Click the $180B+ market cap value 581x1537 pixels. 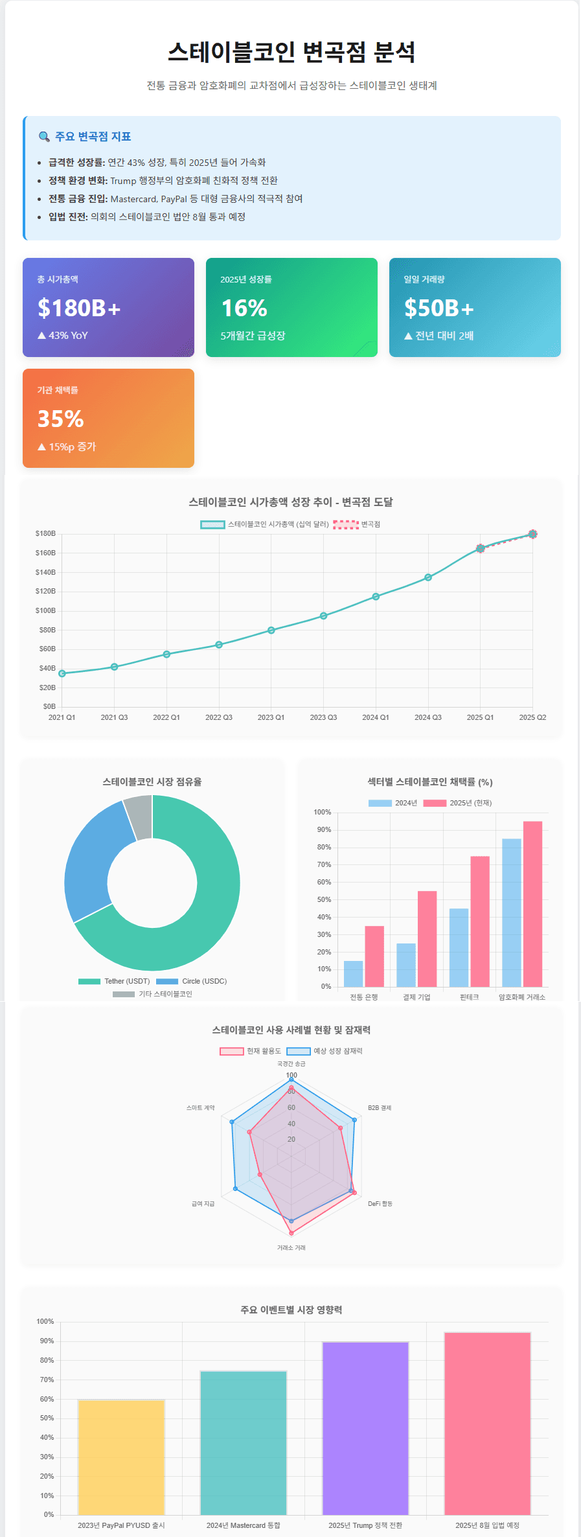pos(79,308)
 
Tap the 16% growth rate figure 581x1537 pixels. pos(244,308)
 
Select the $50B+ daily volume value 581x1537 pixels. pos(439,308)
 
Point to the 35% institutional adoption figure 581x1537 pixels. pos(61,419)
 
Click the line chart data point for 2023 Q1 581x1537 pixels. pos(271,630)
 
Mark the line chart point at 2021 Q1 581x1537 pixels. pos(62,674)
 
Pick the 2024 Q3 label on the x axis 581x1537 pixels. pos(427,717)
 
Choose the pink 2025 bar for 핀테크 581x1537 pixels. pos(480,921)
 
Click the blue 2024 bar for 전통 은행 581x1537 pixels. pos(353,974)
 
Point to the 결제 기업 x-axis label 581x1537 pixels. pos(416,997)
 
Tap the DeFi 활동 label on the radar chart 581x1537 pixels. pos(380,1203)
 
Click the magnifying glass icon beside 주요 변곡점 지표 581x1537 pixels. pos(44,137)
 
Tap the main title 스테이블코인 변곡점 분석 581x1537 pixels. pos(291,52)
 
